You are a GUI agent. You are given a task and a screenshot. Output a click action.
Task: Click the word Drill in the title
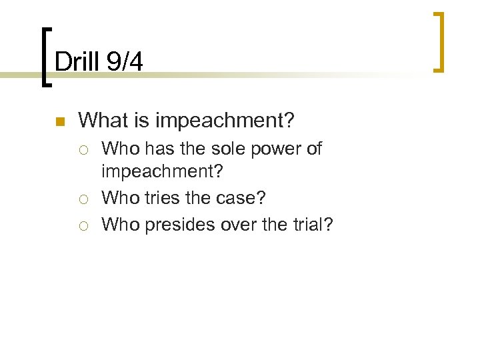(75, 63)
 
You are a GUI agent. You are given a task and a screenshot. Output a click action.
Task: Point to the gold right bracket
(439, 41)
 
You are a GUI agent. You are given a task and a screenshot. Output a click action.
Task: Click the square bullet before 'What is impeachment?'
(59, 122)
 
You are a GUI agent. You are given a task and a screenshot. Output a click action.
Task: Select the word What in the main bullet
(101, 121)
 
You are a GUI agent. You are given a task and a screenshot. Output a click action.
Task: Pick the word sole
(222, 149)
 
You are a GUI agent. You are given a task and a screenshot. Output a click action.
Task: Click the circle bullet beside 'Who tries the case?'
(86, 199)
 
